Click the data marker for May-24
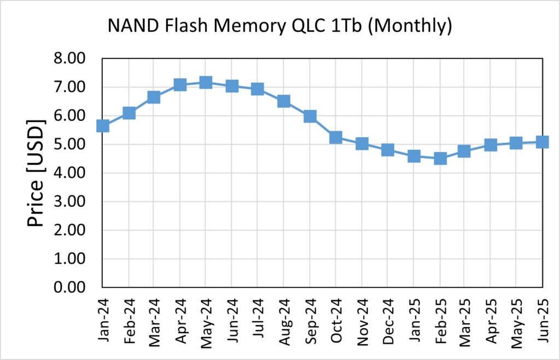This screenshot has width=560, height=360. point(205,83)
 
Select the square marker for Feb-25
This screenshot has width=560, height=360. point(440,159)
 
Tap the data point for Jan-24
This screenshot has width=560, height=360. point(102,126)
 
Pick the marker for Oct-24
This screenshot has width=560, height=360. point(336,137)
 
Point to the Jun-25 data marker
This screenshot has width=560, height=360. point(542,142)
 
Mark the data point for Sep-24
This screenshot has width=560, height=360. point(310,116)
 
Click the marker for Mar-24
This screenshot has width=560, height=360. point(154,97)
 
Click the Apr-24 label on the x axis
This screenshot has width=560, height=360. point(180,318)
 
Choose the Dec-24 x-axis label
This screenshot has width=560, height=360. point(388,318)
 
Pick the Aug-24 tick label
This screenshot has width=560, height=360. point(284,318)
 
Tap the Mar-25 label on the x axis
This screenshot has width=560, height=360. point(465,318)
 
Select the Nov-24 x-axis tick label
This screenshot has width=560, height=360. point(361,318)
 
